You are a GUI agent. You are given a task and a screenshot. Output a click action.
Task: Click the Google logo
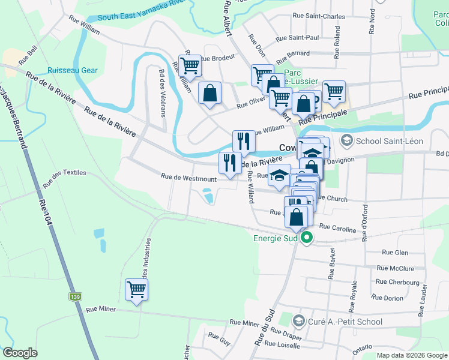pyautogui.click(x=20, y=353)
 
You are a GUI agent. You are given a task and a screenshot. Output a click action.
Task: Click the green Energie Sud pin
pyautogui.click(x=307, y=238)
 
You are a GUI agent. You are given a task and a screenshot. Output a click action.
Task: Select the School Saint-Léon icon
pyautogui.click(x=347, y=141)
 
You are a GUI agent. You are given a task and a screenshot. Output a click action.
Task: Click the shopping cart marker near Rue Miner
pyautogui.click(x=137, y=290)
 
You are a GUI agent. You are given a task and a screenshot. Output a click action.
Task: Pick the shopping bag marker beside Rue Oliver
pyautogui.click(x=209, y=93)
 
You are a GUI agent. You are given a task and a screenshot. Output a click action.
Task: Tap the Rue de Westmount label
pyautogui.click(x=188, y=179)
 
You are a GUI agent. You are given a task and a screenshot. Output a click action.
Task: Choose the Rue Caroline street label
pyautogui.click(x=337, y=227)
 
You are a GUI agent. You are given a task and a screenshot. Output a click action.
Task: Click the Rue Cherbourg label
pyautogui.click(x=397, y=281)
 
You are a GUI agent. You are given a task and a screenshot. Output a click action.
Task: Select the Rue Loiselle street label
pyautogui.click(x=282, y=344)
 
